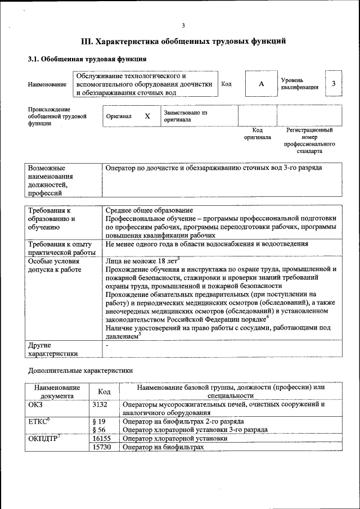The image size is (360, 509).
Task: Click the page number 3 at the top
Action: pyautogui.click(x=183, y=25)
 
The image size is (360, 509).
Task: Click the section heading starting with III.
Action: pyautogui.click(x=183, y=42)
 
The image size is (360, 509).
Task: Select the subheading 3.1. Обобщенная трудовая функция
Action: pyautogui.click(x=88, y=58)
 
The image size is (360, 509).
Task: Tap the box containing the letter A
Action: pyautogui.click(x=261, y=84)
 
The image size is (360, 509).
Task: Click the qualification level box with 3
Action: pyautogui.click(x=334, y=84)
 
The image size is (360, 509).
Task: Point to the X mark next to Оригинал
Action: pyautogui.click(x=147, y=116)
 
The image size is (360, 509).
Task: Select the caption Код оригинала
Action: pyautogui.click(x=257, y=134)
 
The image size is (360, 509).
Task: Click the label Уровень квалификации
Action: pyautogui.click(x=300, y=84)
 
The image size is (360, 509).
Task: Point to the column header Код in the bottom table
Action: pyautogui.click(x=104, y=391)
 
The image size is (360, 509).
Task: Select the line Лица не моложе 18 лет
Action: pyautogui.click(x=141, y=260)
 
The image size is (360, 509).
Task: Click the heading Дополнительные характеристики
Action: pyautogui.click(x=80, y=371)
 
